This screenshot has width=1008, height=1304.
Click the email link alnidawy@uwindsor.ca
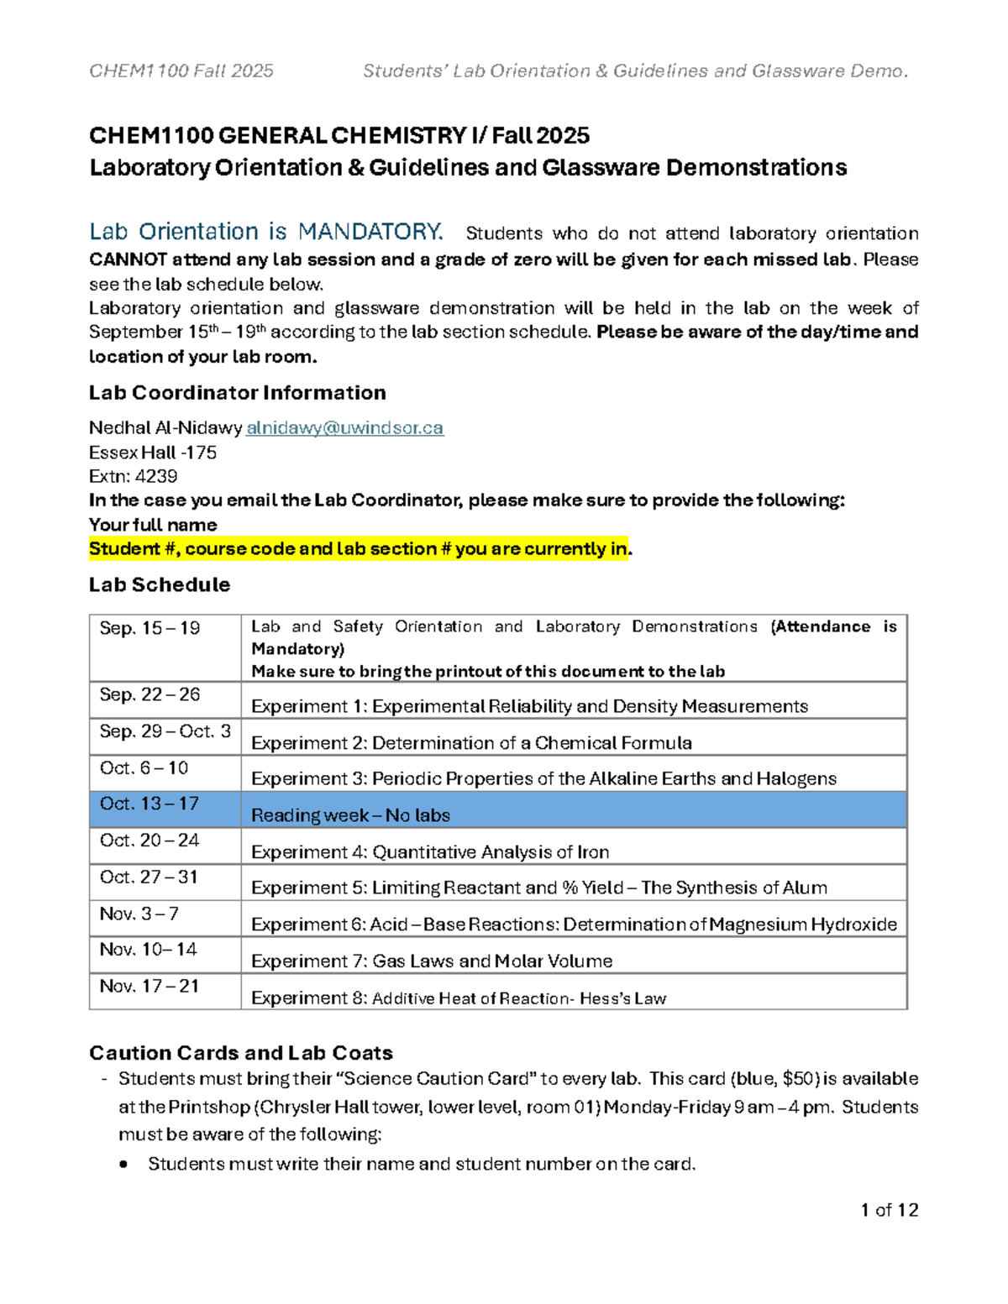[344, 428]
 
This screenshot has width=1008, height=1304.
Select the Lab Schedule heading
[160, 584]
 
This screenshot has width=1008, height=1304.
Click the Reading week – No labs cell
[350, 815]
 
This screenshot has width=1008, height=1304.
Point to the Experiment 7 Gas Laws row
[432, 961]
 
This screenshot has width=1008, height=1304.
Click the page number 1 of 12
[889, 1210]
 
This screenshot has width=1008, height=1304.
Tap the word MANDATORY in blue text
[370, 232]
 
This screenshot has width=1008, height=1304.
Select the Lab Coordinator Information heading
[237, 393]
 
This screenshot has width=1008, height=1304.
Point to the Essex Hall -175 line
[153, 453]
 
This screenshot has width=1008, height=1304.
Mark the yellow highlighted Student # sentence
[359, 549]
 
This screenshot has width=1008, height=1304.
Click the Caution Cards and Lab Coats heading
[241, 1053]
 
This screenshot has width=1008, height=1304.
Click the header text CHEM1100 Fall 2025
[181, 71]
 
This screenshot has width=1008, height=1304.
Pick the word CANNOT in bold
[128, 259]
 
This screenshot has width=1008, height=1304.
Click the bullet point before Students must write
[124, 1165]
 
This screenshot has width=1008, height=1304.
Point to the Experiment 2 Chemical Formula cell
[471, 743]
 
